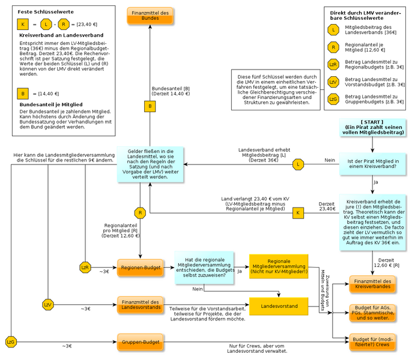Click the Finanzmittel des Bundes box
150,16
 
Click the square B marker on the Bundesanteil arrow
150,106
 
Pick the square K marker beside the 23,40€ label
298,213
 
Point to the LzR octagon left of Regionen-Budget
85,267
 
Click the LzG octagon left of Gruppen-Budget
10,342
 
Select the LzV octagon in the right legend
333,82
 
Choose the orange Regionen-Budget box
141,267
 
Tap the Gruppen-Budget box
141,342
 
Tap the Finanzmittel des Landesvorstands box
141,305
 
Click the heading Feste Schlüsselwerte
42,11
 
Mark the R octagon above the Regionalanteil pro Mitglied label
140,213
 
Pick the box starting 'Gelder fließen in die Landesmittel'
150,164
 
